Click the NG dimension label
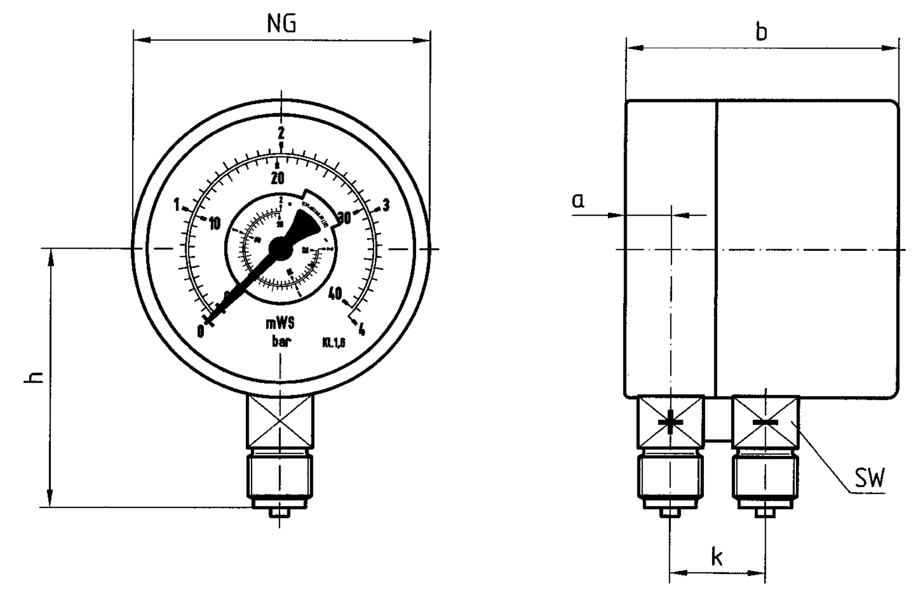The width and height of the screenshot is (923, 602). click(x=282, y=25)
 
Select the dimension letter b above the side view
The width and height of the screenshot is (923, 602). click(x=761, y=32)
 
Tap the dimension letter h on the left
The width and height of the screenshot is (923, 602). click(x=35, y=377)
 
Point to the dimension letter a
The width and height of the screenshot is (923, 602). click(x=578, y=200)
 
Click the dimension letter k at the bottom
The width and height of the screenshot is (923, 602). click(x=717, y=556)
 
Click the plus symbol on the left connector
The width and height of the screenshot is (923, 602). click(x=670, y=422)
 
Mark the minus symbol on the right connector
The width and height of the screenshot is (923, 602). click(x=765, y=423)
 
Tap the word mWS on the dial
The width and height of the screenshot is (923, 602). click(x=279, y=323)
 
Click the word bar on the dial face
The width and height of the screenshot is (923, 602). click(x=281, y=341)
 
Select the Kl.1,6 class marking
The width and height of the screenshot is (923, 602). click(x=334, y=343)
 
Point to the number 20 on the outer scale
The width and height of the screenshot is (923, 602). click(x=277, y=178)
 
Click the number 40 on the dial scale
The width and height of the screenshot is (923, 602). click(x=336, y=293)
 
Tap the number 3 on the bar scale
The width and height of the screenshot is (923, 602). click(x=386, y=205)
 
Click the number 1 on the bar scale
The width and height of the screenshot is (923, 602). click(x=177, y=205)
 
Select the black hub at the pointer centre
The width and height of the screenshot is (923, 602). click(x=281, y=248)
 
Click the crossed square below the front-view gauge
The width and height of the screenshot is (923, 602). click(x=280, y=420)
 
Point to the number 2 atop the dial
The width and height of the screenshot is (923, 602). click(x=281, y=133)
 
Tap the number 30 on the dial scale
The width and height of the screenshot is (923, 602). click(x=344, y=218)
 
